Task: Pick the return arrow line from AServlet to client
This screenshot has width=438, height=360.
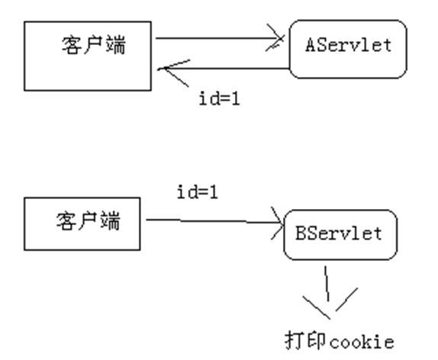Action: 229,69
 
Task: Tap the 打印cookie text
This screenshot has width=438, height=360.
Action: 340,341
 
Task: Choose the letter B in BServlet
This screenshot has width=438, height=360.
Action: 300,234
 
